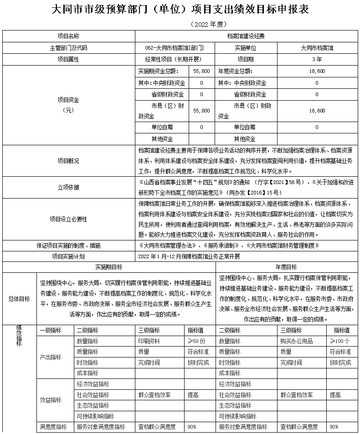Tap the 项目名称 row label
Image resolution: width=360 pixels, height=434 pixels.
[68, 36]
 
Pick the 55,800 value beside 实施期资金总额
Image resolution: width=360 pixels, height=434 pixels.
[201, 71]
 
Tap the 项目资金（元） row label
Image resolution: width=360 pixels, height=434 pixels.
[68, 105]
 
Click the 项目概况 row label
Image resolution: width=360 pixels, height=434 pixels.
[68, 161]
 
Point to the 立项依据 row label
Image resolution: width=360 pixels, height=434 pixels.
[68, 187]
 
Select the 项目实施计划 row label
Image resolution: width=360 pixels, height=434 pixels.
[68, 256]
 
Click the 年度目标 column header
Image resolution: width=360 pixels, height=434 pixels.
[287, 267]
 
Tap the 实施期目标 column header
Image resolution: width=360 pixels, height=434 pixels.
[107, 267]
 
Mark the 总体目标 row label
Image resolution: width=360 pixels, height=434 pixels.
[19, 299]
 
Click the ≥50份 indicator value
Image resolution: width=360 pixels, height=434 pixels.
[197, 341]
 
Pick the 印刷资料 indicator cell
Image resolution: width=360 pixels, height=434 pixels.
[149, 341]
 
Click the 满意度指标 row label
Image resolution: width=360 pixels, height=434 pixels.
[54, 427]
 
